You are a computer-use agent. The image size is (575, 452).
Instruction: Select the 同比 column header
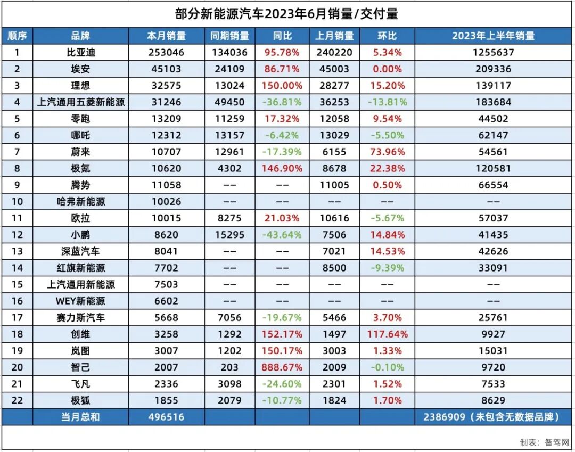282,36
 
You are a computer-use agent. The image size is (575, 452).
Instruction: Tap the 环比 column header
387,36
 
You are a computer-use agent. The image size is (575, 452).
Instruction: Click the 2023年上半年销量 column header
493,36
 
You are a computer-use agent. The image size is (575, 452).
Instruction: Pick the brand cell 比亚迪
80,53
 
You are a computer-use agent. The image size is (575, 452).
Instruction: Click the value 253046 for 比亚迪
166,53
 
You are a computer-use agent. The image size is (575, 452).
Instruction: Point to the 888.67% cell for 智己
282,367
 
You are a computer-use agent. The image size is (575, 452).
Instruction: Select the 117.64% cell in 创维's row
387,334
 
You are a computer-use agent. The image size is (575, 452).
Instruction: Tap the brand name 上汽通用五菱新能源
80,102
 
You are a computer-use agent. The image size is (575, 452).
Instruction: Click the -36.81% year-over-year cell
282,102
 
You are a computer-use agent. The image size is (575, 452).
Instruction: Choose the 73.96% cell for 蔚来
387,152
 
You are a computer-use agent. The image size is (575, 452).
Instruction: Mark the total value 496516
166,417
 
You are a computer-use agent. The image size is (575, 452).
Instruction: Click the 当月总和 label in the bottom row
80,417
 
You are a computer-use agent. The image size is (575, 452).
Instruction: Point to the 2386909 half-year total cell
493,417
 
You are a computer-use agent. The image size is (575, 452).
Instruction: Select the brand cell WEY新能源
80,301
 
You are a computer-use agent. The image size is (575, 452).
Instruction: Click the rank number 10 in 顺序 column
17,202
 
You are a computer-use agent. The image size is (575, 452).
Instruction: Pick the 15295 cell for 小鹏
229,235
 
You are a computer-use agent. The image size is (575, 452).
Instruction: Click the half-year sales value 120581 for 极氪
493,169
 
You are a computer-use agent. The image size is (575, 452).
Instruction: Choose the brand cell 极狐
80,400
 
